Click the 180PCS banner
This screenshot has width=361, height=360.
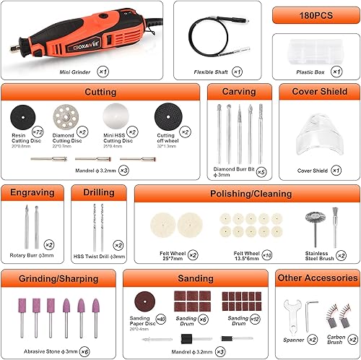click(x=316, y=14)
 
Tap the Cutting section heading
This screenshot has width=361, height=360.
click(x=100, y=93)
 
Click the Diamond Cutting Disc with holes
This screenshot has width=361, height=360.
click(x=67, y=116)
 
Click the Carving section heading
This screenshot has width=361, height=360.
click(x=239, y=93)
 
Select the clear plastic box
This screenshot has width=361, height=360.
click(x=315, y=52)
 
